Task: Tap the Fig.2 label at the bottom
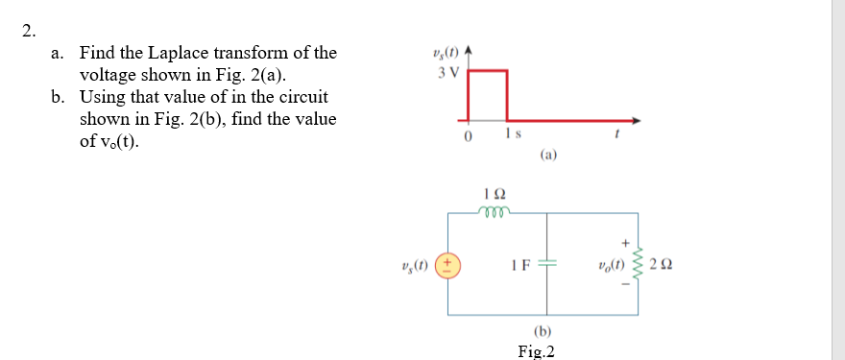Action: (x=536, y=350)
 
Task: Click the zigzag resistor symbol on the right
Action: (x=638, y=264)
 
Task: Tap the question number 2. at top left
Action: (x=30, y=28)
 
